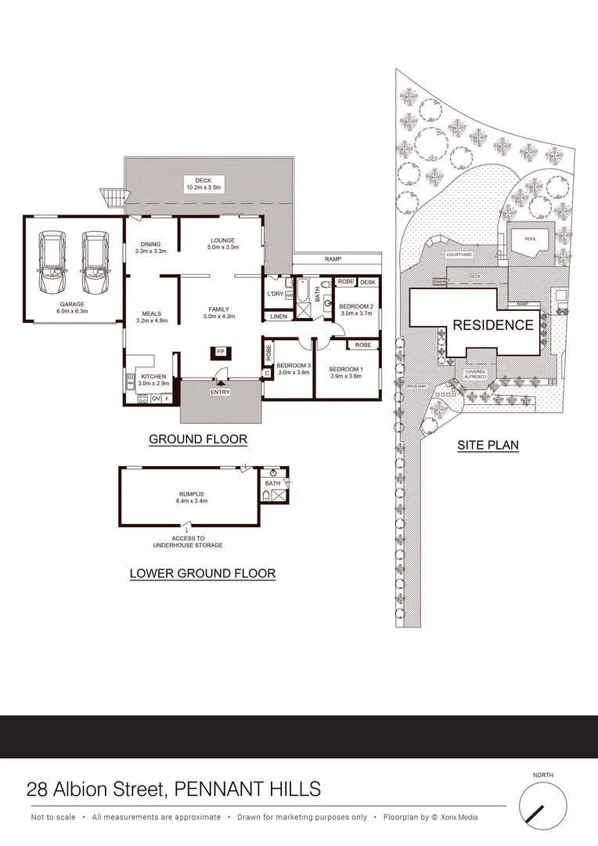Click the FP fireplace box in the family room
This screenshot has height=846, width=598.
pos(220,352)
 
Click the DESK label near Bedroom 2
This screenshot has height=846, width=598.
pos(368,282)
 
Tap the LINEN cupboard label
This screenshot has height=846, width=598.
pos(278,316)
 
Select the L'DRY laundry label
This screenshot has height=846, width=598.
pos(276,294)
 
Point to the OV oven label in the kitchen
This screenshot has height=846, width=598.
pos(155,399)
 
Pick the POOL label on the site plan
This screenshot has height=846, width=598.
pos(531,240)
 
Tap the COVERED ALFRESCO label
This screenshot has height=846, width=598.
pos(475,375)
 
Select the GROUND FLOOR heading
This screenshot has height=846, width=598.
pos(198,440)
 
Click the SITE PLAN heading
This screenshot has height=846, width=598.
pos(488,446)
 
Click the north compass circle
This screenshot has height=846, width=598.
pos(542,808)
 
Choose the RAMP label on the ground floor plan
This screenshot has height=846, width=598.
pos(336,258)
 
